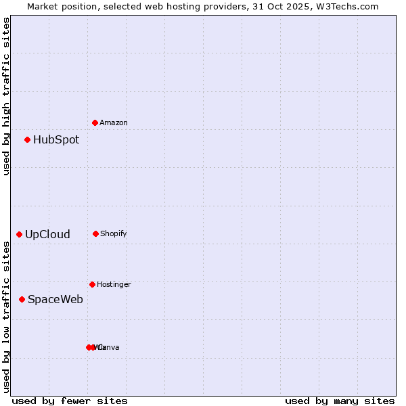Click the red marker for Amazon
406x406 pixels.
95,122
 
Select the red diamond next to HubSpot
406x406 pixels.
27,139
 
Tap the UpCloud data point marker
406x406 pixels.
19,234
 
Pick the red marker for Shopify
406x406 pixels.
95,233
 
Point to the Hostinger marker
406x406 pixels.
92,284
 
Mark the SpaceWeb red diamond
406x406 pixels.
22,299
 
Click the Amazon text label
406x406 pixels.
114,122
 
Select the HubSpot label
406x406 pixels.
56,140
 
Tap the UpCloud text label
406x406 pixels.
47,235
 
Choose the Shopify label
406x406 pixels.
114,233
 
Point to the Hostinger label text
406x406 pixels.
114,284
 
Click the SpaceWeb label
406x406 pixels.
55,299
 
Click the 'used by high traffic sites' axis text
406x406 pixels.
6,96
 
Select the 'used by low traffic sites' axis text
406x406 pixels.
6,317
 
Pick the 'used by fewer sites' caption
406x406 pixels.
70,401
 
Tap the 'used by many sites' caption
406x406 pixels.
340,401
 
